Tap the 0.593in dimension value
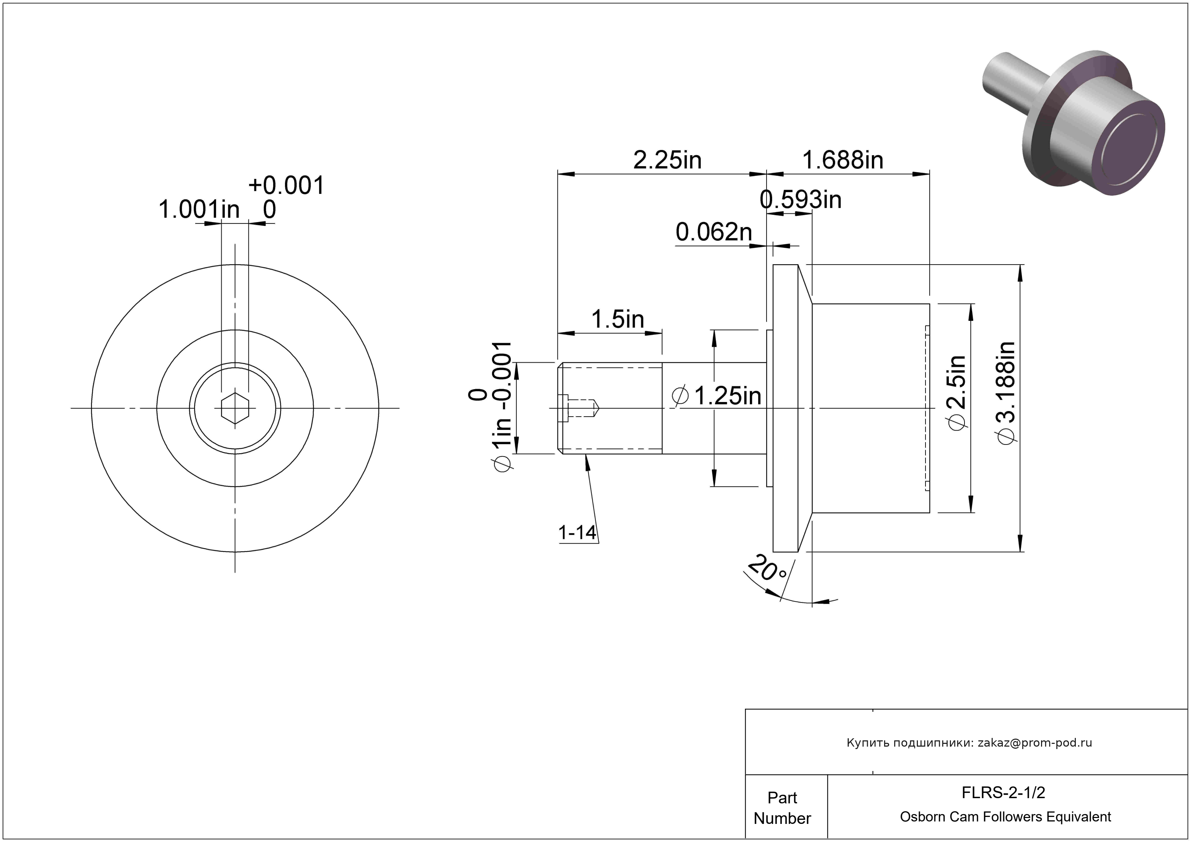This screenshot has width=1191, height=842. click(800, 200)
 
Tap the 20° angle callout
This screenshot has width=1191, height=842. click(768, 569)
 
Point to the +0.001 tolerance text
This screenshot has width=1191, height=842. click(286, 185)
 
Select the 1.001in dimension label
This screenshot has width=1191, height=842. click(199, 210)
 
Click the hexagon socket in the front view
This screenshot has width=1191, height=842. click(235, 408)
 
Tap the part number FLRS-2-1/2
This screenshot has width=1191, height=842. click(1003, 792)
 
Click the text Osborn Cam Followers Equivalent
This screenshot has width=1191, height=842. click(1005, 817)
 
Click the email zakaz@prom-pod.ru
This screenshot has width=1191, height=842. click(1034, 742)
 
